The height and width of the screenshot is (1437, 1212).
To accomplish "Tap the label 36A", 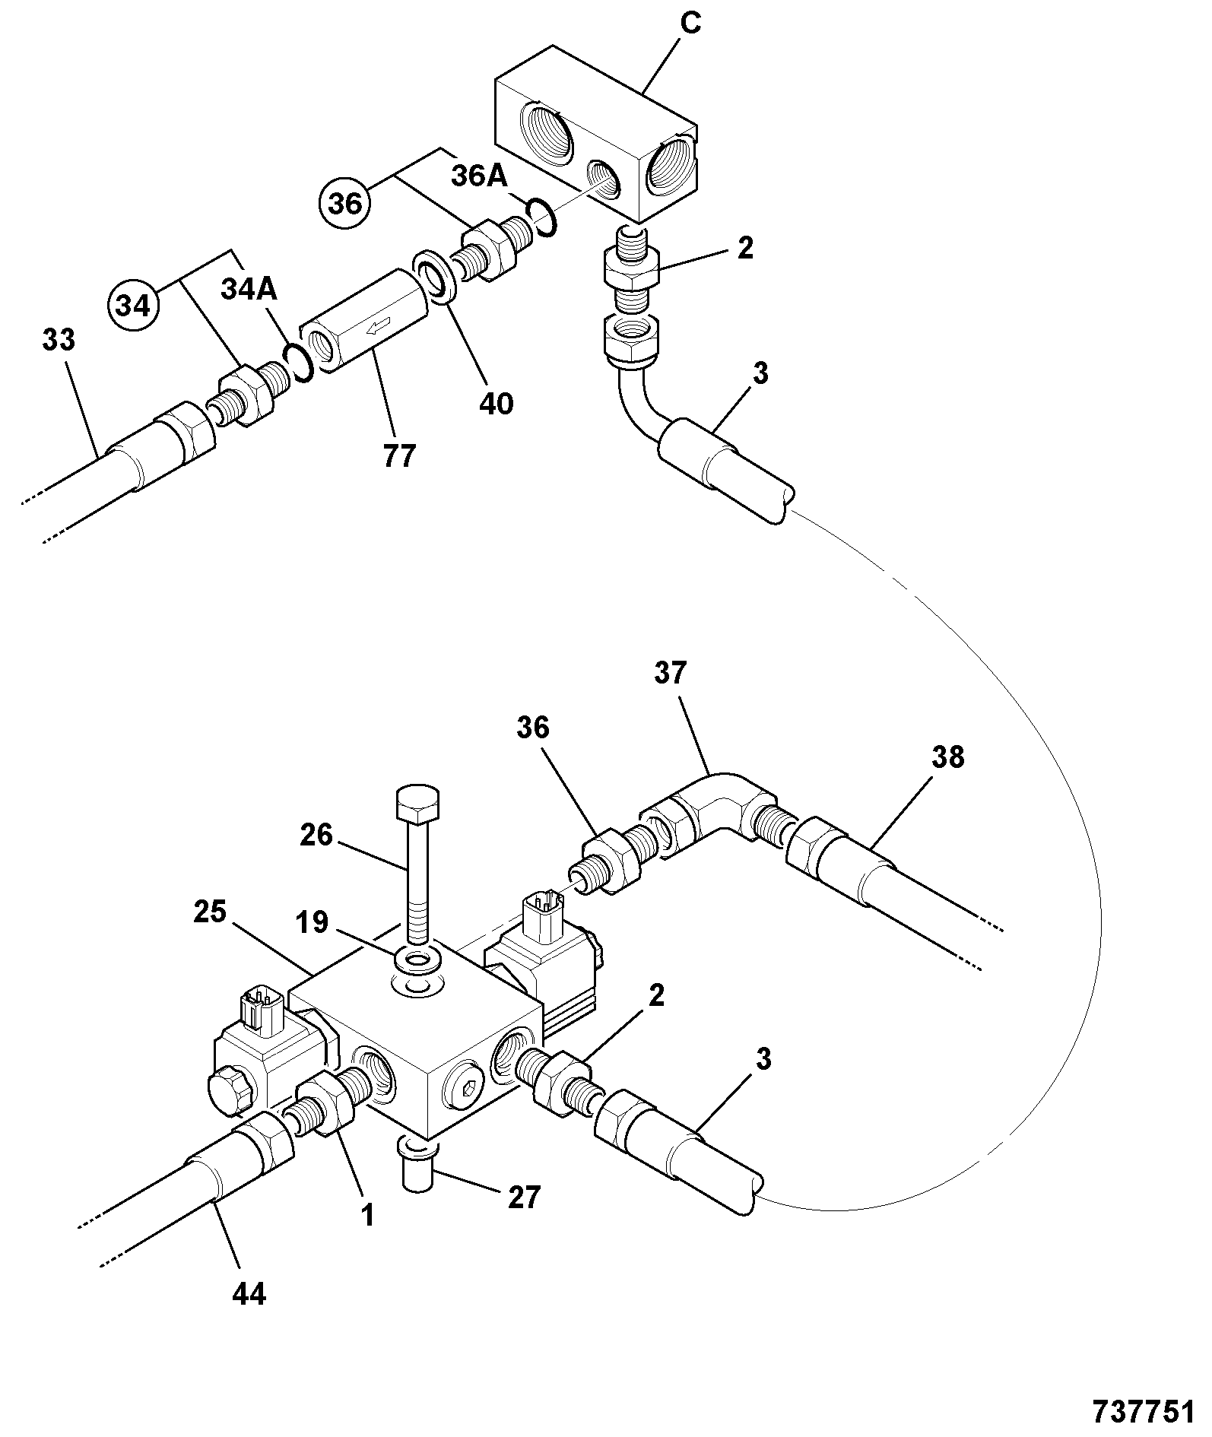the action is click(479, 176).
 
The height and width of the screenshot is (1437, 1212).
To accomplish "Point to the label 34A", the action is click(249, 289).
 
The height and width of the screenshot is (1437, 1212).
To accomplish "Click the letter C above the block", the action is click(690, 24).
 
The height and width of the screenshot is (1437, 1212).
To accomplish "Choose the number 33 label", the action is click(59, 339).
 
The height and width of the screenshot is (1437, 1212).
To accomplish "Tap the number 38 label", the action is click(946, 757).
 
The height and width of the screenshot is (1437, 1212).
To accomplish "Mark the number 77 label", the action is click(399, 455).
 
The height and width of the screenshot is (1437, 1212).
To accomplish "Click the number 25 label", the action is click(209, 911).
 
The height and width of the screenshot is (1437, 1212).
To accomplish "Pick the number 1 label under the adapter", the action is click(367, 1215).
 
